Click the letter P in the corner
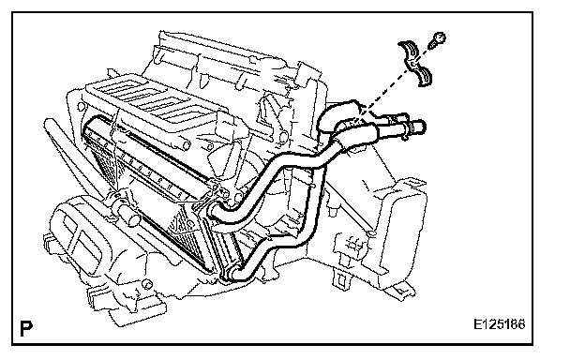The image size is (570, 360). point(26,329)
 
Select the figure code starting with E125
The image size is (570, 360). point(499,324)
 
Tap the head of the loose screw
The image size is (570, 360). point(441,37)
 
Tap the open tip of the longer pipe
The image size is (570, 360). point(421,127)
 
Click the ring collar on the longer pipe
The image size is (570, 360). point(407,128)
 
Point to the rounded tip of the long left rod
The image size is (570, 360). point(48,124)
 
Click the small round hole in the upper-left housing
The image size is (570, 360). point(81,107)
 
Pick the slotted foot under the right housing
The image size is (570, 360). point(341,279)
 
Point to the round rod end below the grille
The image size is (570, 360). point(187,145)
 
